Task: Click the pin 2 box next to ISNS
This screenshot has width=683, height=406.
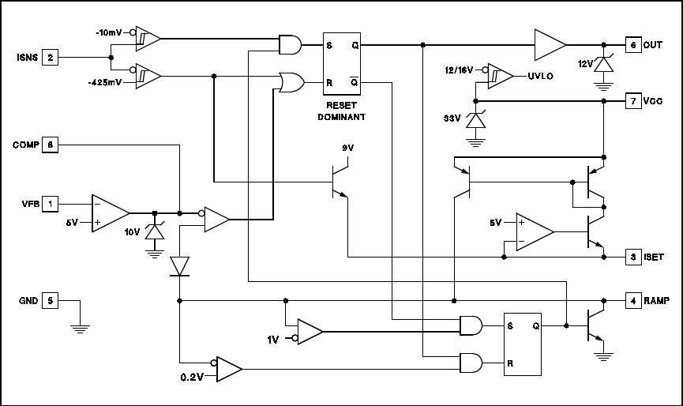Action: tap(51, 58)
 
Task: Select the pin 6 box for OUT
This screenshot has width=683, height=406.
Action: tap(632, 45)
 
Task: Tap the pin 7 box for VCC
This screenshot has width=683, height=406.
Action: tap(632, 101)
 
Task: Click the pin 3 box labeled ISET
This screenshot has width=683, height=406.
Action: tap(632, 257)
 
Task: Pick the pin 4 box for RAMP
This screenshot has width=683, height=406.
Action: tap(632, 300)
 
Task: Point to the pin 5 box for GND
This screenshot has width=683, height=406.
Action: tap(51, 300)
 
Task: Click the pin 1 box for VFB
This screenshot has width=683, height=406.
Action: tap(51, 204)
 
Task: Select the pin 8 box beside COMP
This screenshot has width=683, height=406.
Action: tap(51, 145)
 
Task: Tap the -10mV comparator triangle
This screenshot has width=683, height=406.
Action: tap(148, 38)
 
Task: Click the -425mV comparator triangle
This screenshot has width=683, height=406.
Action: tap(148, 76)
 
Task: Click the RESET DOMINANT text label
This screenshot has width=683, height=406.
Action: tap(342, 111)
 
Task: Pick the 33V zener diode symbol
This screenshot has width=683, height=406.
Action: tap(475, 121)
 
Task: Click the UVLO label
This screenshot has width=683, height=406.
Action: tap(541, 76)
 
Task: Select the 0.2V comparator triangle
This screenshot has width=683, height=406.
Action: tap(228, 369)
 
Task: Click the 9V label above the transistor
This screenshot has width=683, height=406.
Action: tap(348, 148)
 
